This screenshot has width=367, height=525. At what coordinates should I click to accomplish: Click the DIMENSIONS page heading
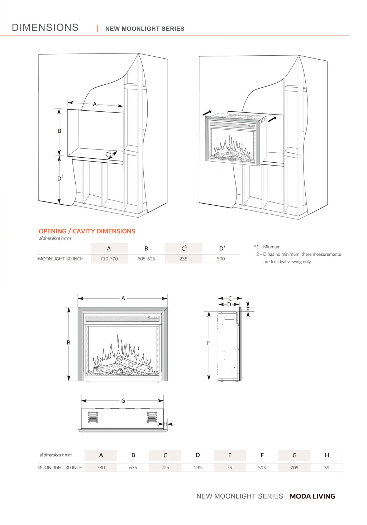click(x=45, y=28)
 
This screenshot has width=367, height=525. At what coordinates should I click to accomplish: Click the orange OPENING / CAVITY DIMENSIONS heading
click(x=87, y=231)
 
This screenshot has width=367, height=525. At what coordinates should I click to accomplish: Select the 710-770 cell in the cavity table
click(x=109, y=259)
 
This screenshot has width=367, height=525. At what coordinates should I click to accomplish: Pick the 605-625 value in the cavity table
click(x=146, y=259)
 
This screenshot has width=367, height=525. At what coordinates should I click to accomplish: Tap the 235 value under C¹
click(x=183, y=259)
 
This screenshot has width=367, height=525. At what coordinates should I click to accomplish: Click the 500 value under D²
click(x=221, y=259)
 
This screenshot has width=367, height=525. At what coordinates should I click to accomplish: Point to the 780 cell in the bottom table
click(x=101, y=468)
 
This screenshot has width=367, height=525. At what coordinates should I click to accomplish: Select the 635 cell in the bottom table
click(x=133, y=468)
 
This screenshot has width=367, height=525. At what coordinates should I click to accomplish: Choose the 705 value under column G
click(x=294, y=468)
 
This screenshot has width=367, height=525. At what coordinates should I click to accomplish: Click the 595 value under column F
click(x=262, y=468)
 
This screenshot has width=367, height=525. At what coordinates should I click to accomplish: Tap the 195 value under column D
click(x=197, y=468)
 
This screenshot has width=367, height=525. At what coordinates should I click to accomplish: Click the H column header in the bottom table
click(x=327, y=455)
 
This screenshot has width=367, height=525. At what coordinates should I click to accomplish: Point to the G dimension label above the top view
click(x=123, y=401)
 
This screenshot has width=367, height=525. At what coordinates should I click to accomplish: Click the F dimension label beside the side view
click(x=209, y=343)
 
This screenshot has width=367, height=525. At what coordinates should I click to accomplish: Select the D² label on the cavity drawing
click(x=60, y=178)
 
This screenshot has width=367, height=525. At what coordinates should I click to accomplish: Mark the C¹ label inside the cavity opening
click(x=108, y=154)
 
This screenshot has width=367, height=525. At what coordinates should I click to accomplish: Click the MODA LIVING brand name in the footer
click(x=312, y=496)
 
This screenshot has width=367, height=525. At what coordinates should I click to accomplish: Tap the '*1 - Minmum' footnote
click(x=267, y=247)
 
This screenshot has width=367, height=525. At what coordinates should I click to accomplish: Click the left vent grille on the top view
click(x=93, y=418)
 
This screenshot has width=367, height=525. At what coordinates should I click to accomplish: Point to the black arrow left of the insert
click(x=207, y=113)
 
